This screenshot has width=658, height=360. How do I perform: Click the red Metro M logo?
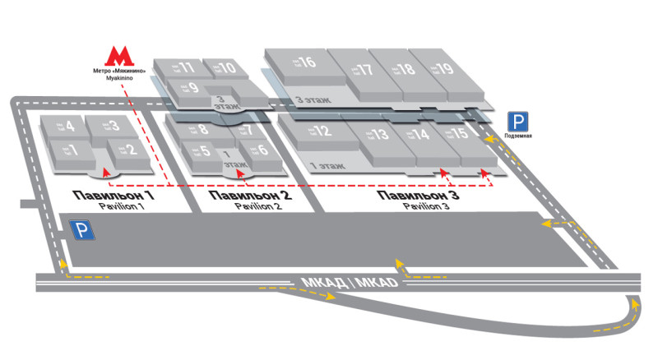click(x=121, y=56)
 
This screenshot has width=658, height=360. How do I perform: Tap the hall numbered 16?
click(x=296, y=63)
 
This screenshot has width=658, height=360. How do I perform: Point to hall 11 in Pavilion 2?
click(x=181, y=67)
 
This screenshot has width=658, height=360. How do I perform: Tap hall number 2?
click(x=123, y=150)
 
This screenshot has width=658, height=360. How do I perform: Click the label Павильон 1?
click(x=110, y=196)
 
